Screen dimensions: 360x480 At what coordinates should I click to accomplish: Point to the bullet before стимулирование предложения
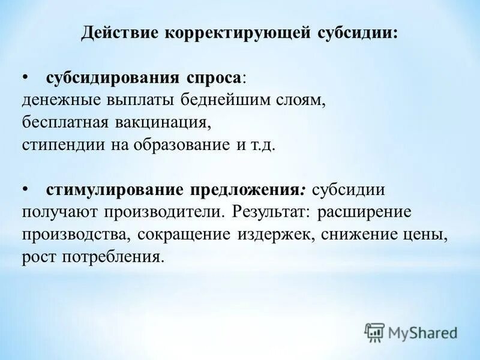click(25, 190)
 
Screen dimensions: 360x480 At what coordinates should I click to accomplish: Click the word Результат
click(272, 212)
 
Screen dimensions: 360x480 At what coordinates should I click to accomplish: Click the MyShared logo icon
click(374, 332)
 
